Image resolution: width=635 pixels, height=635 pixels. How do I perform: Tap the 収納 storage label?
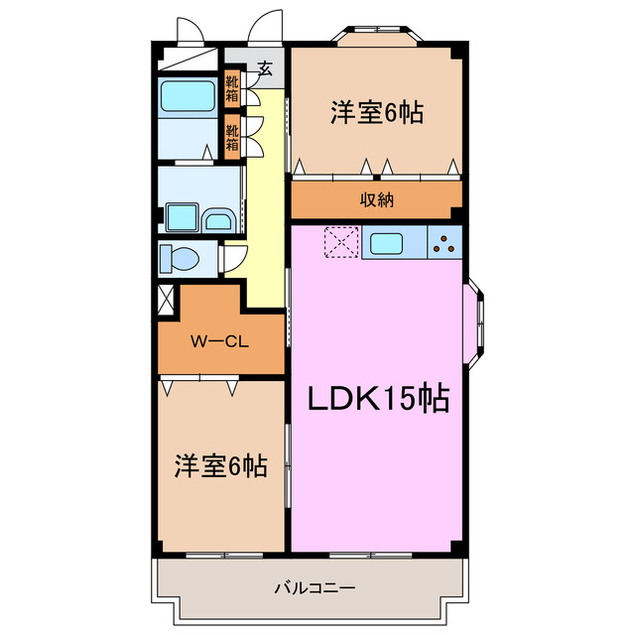click(x=376, y=199)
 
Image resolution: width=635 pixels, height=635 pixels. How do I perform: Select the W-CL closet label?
click(x=219, y=342)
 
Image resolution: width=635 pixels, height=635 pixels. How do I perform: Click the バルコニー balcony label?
click(x=315, y=588)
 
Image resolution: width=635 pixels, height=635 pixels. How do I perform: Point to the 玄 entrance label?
click(x=265, y=68)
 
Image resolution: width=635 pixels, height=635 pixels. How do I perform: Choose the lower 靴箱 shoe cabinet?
click(x=231, y=136)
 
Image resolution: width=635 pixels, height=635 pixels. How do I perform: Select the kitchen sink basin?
click(x=385, y=242)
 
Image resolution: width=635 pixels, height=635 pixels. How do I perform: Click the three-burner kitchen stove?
click(x=444, y=242)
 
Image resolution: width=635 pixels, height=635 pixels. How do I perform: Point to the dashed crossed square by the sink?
click(x=341, y=242)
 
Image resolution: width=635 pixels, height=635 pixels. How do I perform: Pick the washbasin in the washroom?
click(x=217, y=219)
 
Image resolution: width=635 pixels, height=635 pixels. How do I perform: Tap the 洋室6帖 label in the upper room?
click(x=376, y=113)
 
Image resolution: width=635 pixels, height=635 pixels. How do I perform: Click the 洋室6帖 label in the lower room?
click(x=220, y=465)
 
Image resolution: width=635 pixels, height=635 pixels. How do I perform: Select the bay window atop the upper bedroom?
click(x=376, y=36)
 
